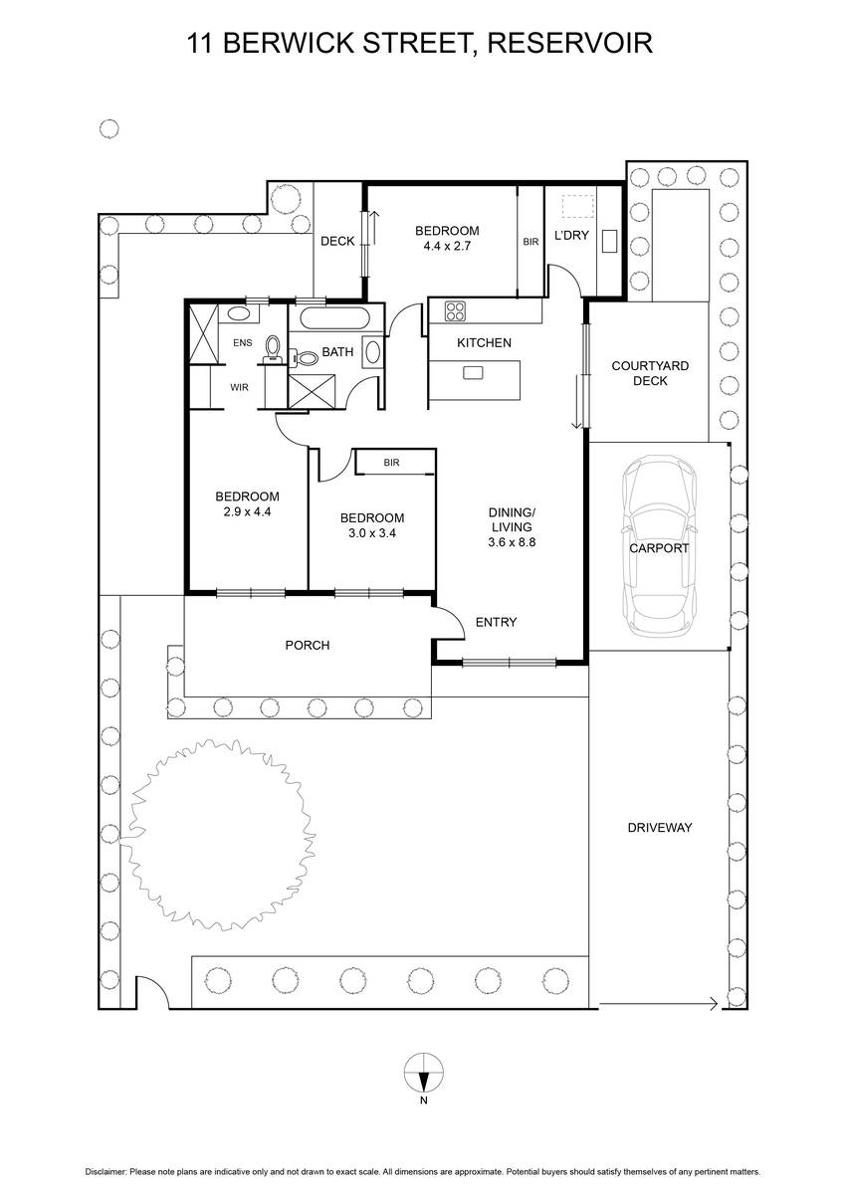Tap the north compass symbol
[423, 1073]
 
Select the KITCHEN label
[484, 342]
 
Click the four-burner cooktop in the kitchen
[455, 311]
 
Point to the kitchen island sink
[473, 372]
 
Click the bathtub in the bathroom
[334, 319]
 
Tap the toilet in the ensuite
[273, 349]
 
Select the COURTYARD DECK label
[650, 373]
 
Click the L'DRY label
[571, 235]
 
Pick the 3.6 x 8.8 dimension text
[512, 542]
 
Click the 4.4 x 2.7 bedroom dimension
[447, 246]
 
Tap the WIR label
[239, 387]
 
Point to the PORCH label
[308, 645]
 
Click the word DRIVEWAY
[660, 827]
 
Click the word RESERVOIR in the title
[570, 43]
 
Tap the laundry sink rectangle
[609, 241]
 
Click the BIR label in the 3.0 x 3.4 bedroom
[391, 463]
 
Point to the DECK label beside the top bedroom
[337, 242]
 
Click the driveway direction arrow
[659, 1004]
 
